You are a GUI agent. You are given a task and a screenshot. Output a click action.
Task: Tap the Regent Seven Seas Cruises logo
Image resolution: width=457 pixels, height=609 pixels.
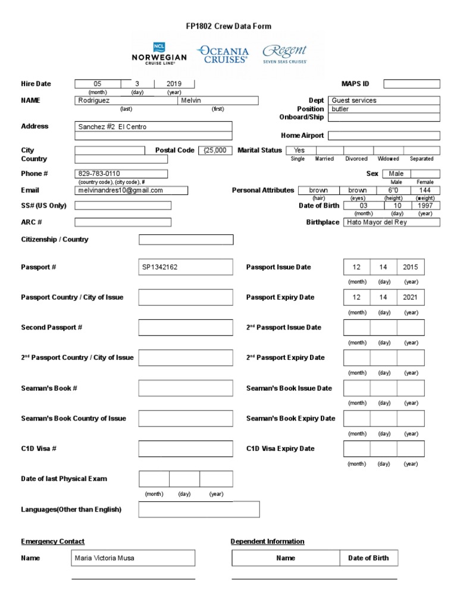[x=285, y=54]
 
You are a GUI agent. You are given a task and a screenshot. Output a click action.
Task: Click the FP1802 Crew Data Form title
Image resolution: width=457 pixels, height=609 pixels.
[x=228, y=26]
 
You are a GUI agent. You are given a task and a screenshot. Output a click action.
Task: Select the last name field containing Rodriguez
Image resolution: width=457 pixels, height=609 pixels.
[x=126, y=101]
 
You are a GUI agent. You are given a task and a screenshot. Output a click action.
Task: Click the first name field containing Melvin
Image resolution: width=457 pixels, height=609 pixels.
[x=218, y=101]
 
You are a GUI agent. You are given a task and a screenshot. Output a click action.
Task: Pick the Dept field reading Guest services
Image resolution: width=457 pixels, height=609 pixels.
[x=384, y=101]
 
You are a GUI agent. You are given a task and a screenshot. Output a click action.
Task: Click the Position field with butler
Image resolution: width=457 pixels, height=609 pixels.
[x=384, y=109]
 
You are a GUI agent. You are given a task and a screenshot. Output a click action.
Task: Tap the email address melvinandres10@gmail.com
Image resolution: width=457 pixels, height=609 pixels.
[x=132, y=190]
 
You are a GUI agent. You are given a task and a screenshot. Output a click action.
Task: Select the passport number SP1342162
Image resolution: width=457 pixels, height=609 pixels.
[x=186, y=267]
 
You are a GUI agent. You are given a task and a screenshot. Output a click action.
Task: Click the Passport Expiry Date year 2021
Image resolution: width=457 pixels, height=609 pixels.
[x=411, y=297]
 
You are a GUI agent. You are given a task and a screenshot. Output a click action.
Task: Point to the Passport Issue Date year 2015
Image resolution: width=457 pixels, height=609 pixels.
[x=411, y=267]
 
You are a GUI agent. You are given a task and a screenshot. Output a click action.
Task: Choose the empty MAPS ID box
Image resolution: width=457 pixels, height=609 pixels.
[x=411, y=84]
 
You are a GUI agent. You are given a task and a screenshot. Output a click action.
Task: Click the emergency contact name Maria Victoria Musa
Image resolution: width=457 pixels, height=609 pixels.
[x=133, y=558]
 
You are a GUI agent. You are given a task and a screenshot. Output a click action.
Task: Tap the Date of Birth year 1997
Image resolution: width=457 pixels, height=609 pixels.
[x=425, y=205]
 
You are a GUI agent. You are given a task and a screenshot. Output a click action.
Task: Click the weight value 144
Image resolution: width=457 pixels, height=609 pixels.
[x=425, y=190]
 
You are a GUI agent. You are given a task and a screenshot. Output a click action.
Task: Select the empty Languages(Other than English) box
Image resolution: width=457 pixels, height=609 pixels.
[x=199, y=510]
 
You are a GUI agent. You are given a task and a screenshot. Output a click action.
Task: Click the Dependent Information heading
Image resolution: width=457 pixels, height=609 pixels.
[x=267, y=541]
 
